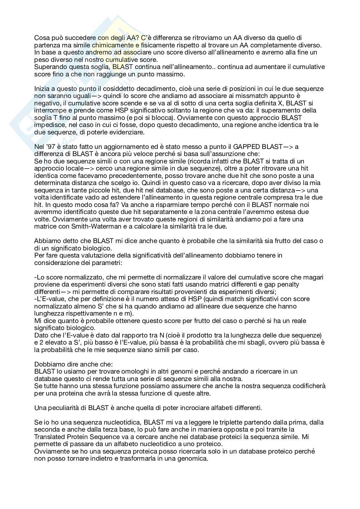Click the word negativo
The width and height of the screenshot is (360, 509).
[x=47, y=103]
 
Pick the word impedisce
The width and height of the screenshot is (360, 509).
[x=49, y=125]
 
